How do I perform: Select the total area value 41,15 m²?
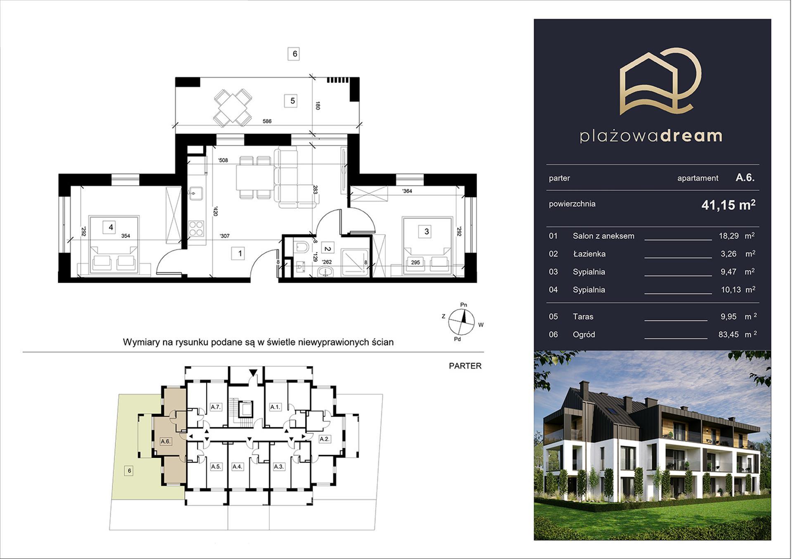[x=729, y=205]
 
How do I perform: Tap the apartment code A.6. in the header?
[x=745, y=178]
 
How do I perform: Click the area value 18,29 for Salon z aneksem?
[x=729, y=236]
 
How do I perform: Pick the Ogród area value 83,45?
[x=729, y=335]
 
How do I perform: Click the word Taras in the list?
[x=583, y=317]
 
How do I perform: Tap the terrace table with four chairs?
[x=233, y=107]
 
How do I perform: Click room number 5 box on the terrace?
[x=292, y=101]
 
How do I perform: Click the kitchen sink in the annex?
[x=196, y=193]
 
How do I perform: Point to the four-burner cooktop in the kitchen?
[x=196, y=228]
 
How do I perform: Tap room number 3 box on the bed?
[x=426, y=232]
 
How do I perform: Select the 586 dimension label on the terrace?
[x=267, y=121]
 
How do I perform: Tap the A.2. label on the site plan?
[x=325, y=439]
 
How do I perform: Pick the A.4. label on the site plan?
[x=237, y=467]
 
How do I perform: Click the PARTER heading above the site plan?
[x=465, y=366]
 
